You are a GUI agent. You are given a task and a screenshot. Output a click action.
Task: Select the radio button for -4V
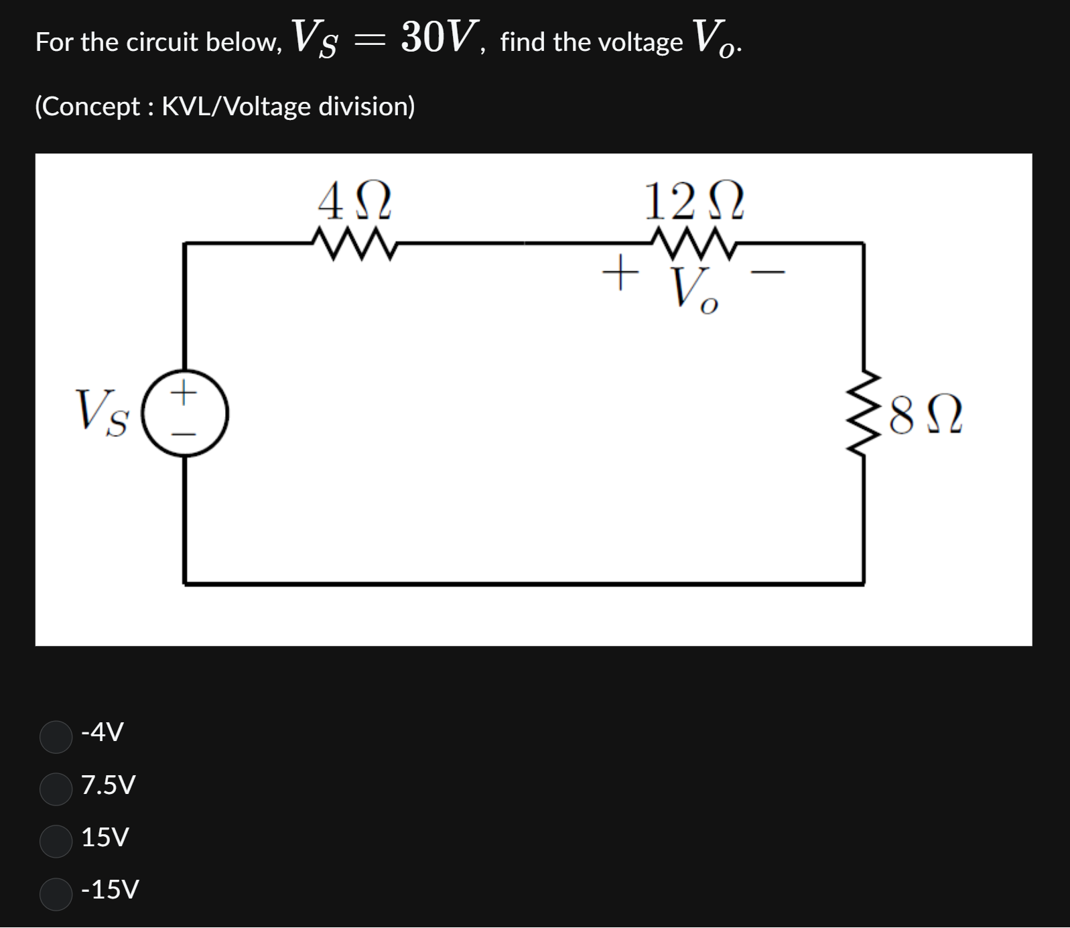(x=56, y=736)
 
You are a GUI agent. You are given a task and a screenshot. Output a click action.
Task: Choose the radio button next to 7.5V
(x=56, y=789)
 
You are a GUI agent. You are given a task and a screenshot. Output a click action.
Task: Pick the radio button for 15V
(x=56, y=841)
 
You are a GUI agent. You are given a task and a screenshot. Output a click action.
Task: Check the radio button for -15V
(x=56, y=894)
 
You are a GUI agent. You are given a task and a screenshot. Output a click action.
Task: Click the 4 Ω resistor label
(x=354, y=202)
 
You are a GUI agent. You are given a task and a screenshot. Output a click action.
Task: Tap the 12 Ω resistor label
(x=693, y=202)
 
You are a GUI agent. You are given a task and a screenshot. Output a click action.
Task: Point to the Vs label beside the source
(x=101, y=413)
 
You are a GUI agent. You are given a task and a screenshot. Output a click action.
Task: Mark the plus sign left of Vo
(x=619, y=272)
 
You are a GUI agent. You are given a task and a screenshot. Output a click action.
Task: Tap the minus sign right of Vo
(x=766, y=272)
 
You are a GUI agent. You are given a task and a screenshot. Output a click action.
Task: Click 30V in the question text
(x=440, y=37)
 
